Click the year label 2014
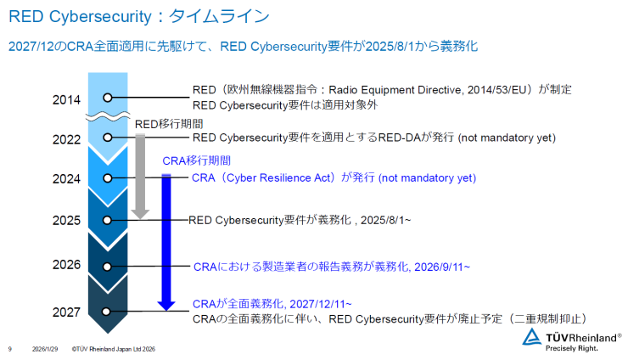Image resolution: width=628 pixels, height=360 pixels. coord(66,99)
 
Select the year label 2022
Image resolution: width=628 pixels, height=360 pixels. coord(66,139)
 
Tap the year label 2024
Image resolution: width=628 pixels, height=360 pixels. coord(66,179)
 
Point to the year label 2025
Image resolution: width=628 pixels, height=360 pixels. coord(66,221)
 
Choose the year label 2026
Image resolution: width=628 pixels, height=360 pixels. coord(66,265)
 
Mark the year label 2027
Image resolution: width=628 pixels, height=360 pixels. coord(66,312)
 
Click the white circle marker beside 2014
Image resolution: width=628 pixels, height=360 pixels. coord(107,98)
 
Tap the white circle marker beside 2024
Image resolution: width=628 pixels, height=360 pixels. coord(107,178)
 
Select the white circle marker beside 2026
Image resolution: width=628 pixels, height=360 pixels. coord(107,267)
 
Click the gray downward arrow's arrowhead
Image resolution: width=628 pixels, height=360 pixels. coord(140,214)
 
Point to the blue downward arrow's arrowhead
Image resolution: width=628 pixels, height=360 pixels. coord(166,306)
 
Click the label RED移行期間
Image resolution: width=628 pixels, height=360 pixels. coord(169,124)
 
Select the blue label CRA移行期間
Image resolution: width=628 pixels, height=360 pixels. coord(197,160)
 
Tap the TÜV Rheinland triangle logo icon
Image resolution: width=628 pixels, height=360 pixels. coord(531,337)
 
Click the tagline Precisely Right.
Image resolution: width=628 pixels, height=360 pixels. coord(571,348)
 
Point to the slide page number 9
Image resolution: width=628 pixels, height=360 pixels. coord(10,349)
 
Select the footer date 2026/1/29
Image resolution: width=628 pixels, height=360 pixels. coord(45,349)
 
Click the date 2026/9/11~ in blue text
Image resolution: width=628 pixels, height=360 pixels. coord(442,267)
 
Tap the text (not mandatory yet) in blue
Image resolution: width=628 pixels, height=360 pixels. coord(428,178)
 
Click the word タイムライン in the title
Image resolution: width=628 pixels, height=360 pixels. coord(219,16)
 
